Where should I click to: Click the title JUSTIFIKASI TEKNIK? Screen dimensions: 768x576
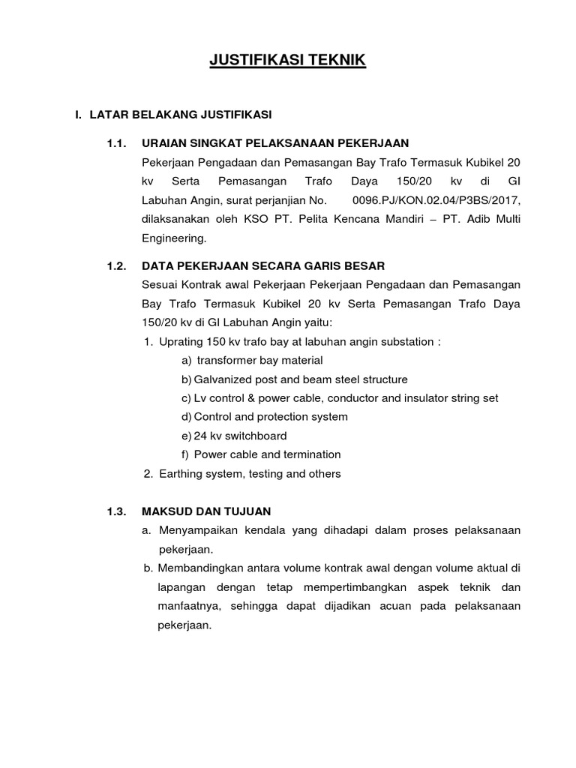[x=288, y=61]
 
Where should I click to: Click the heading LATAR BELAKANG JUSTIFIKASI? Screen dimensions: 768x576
[x=180, y=115]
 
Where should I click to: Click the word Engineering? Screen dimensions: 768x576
[x=172, y=239]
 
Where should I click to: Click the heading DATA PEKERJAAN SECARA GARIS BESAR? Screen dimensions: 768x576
[x=274, y=265]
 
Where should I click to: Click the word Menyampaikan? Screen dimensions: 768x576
[x=196, y=530]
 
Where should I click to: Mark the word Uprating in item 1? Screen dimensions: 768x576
[x=180, y=342]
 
